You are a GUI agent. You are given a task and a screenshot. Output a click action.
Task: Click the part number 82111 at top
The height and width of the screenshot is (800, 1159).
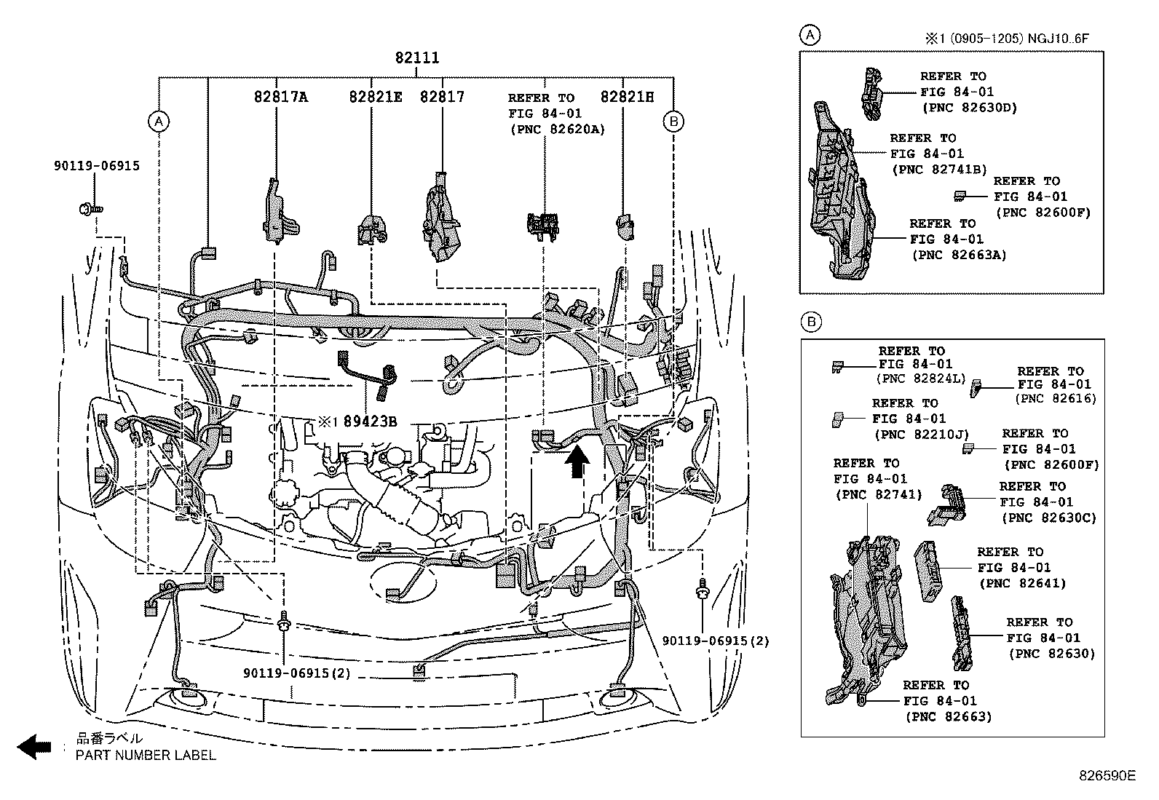(417, 58)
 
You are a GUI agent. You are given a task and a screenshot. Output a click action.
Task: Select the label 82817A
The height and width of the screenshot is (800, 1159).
(281, 97)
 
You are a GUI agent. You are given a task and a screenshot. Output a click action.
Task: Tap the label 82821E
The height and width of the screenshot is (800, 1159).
(375, 97)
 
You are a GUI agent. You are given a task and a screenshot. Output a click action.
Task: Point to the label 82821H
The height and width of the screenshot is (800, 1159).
(627, 97)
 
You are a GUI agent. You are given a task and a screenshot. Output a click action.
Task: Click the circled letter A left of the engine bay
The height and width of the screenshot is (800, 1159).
(158, 122)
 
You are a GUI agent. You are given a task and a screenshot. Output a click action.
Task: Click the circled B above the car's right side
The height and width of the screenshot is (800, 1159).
(673, 122)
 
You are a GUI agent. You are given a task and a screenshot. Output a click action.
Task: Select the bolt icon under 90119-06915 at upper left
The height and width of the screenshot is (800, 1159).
(90, 210)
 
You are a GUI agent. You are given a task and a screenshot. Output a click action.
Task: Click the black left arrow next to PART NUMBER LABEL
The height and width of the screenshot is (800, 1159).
(34, 747)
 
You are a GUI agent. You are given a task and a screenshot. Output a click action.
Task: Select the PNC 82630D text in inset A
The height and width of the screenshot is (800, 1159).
(970, 108)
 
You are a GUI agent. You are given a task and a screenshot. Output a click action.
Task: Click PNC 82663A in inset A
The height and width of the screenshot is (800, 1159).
(959, 255)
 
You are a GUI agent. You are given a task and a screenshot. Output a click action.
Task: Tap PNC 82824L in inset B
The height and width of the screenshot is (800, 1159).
(921, 379)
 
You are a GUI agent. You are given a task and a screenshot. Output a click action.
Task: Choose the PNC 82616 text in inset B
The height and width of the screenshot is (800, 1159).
(1056, 398)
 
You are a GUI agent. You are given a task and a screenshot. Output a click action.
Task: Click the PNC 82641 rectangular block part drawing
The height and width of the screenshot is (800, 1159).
(925, 571)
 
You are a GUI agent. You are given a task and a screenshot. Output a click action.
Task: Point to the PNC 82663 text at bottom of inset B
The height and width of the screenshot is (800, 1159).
(949, 716)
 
